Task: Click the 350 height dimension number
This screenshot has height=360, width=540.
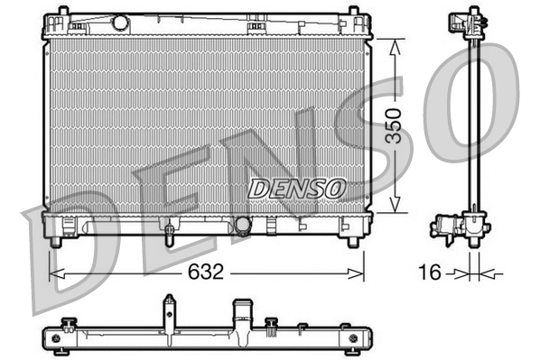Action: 392,125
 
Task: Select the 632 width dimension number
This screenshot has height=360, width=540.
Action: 207,272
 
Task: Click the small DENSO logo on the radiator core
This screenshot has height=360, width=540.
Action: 297,188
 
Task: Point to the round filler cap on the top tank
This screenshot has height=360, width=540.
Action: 120,23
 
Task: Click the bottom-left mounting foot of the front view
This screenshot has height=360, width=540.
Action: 56,241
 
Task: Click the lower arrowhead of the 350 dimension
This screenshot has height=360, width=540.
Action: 392,207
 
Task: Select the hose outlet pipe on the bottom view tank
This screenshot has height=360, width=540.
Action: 241,315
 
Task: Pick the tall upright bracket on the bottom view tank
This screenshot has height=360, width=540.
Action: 168,311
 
